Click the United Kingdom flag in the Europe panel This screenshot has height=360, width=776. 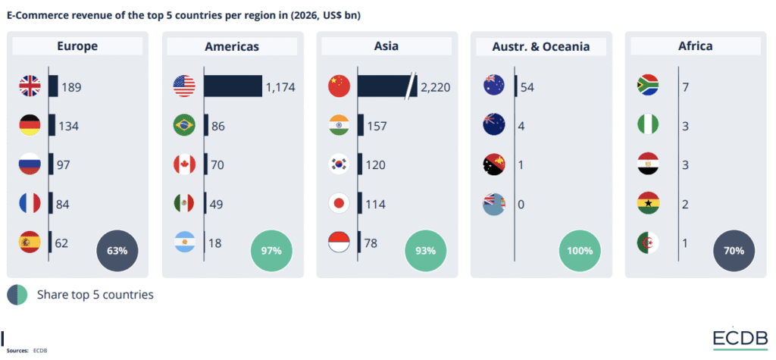[29, 86]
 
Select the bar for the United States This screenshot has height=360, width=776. [233, 86]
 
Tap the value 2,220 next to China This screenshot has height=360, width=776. [435, 87]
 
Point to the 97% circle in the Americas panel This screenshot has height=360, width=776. [271, 250]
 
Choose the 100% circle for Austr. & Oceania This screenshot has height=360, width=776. [580, 250]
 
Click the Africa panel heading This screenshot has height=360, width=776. [695, 46]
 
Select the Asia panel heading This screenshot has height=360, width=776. [386, 46]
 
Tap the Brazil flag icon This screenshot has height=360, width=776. [184, 126]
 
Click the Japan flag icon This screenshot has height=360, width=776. [338, 204]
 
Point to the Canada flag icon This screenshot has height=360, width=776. [184, 164]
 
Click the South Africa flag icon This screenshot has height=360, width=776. [648, 86]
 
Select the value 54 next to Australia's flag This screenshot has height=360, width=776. [527, 87]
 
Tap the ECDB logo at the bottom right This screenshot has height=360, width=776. [740, 339]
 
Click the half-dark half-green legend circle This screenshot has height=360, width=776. [17, 294]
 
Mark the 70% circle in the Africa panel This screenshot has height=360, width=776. [734, 250]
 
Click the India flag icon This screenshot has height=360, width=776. [338, 126]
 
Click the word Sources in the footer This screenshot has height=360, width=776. [17, 351]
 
